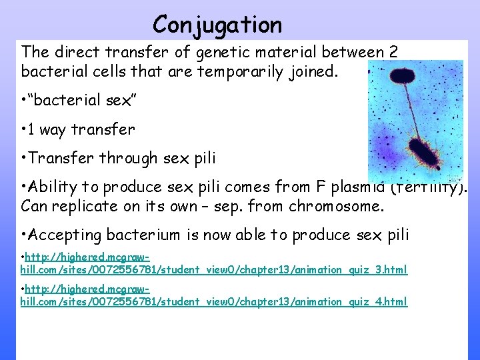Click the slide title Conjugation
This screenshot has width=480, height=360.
tap(217, 25)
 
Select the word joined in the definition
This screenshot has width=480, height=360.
tap(314, 71)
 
